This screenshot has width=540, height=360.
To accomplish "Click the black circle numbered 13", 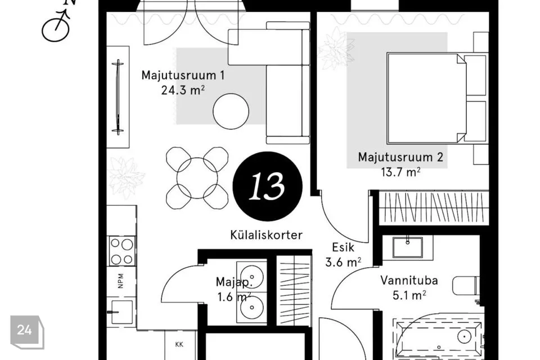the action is point(268,186).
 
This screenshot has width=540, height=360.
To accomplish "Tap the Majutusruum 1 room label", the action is point(183,75).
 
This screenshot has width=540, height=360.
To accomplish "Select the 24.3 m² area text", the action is point(183,90).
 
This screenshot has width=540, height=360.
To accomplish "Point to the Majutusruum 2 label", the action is point(400,157).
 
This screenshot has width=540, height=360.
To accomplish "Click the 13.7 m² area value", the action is point(400,172).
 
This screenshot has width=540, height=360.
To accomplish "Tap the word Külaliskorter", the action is point(266,235).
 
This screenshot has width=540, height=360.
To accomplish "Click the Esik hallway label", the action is point(343,247).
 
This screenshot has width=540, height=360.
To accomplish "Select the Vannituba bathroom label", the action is point(409,281).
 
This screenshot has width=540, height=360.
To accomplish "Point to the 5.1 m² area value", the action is point(409,295).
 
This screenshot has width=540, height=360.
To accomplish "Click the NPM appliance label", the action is point(120,281).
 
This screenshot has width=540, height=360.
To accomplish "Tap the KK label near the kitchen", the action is point(179,344).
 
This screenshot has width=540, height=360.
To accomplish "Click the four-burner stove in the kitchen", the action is point(121,251).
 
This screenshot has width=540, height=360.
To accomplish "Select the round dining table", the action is point(197,178).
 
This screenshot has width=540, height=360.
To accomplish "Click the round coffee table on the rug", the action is point(231,111).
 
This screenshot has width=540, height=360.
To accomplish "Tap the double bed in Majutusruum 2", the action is point(426,98).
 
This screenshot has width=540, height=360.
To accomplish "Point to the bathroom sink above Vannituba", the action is point(408,247).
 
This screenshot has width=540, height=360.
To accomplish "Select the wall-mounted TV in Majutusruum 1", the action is point(118,97).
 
